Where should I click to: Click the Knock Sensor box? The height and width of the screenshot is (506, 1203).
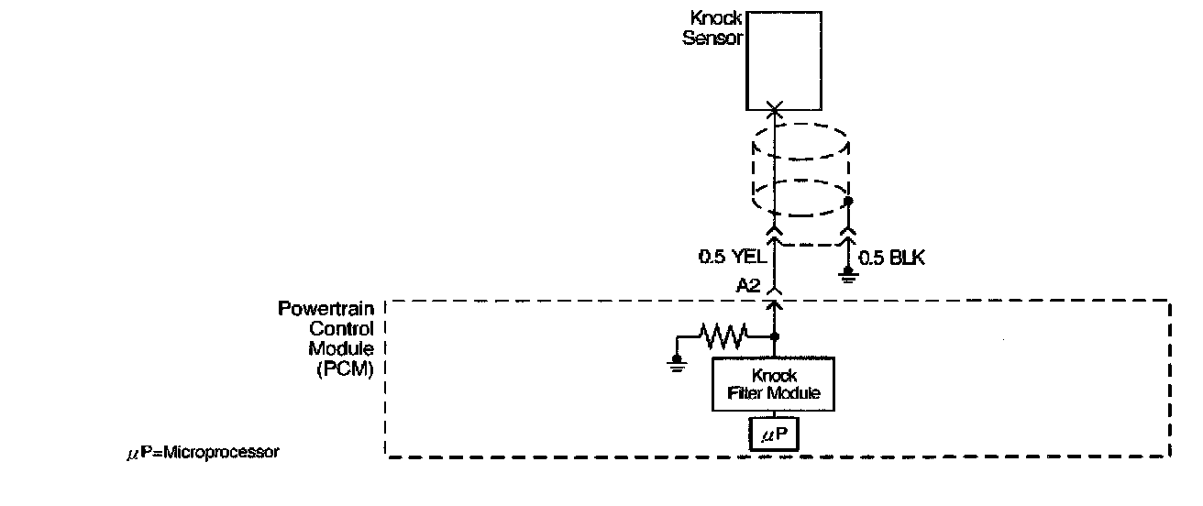(x=784, y=60)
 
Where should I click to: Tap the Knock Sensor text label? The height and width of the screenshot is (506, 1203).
(x=712, y=27)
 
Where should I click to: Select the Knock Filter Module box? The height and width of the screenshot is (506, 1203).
(x=773, y=384)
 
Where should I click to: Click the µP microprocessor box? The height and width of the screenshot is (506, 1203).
(x=774, y=434)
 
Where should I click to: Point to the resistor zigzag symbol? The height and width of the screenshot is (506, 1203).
(x=723, y=336)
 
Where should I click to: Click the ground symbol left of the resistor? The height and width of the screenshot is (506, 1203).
(x=677, y=364)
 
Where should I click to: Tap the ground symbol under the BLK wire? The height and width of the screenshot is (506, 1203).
(x=848, y=275)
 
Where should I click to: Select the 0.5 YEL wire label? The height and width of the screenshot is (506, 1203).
(x=732, y=257)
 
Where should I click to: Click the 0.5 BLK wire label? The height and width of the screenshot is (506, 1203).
(x=891, y=258)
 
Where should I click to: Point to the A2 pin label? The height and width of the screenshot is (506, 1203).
(x=748, y=285)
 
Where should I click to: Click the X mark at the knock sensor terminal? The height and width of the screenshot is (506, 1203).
(x=774, y=109)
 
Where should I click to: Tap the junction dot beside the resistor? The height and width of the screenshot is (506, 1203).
(x=775, y=336)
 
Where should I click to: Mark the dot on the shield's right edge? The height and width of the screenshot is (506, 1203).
(x=848, y=201)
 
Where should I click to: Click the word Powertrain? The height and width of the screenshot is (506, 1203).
(x=326, y=308)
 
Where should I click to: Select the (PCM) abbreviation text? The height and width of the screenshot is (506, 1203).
(x=345, y=369)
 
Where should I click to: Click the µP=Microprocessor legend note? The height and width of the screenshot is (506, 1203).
(x=203, y=453)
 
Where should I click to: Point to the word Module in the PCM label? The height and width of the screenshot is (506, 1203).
(x=341, y=348)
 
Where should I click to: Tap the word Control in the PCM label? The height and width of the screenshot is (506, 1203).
(x=342, y=328)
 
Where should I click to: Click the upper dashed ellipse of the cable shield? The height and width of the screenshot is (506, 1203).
(x=800, y=141)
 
